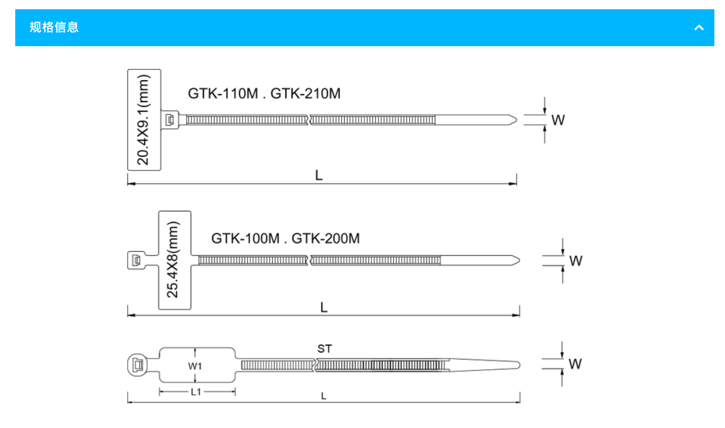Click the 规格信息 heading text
coord(54,28)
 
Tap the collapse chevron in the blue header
coord(699,28)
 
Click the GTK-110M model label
coord(223,94)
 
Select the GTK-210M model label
coord(306,94)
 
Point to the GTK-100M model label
coord(246,239)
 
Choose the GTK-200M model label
coord(326,239)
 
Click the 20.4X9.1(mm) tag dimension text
coord(144,120)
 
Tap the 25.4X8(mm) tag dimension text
coord(173,259)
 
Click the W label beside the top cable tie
coord(558,121)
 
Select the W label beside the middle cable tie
coord(575,261)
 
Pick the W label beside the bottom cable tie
coord(575,364)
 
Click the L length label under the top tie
coord(319,175)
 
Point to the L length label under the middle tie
coord(324,307)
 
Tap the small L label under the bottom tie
coord(324,396)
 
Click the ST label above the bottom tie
coord(324,349)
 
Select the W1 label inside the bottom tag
coord(195,366)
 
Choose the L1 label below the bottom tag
coord(196,392)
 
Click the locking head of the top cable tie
coord(170,120)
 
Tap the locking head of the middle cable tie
coord(136,260)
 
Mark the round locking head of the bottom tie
coord(137,365)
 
